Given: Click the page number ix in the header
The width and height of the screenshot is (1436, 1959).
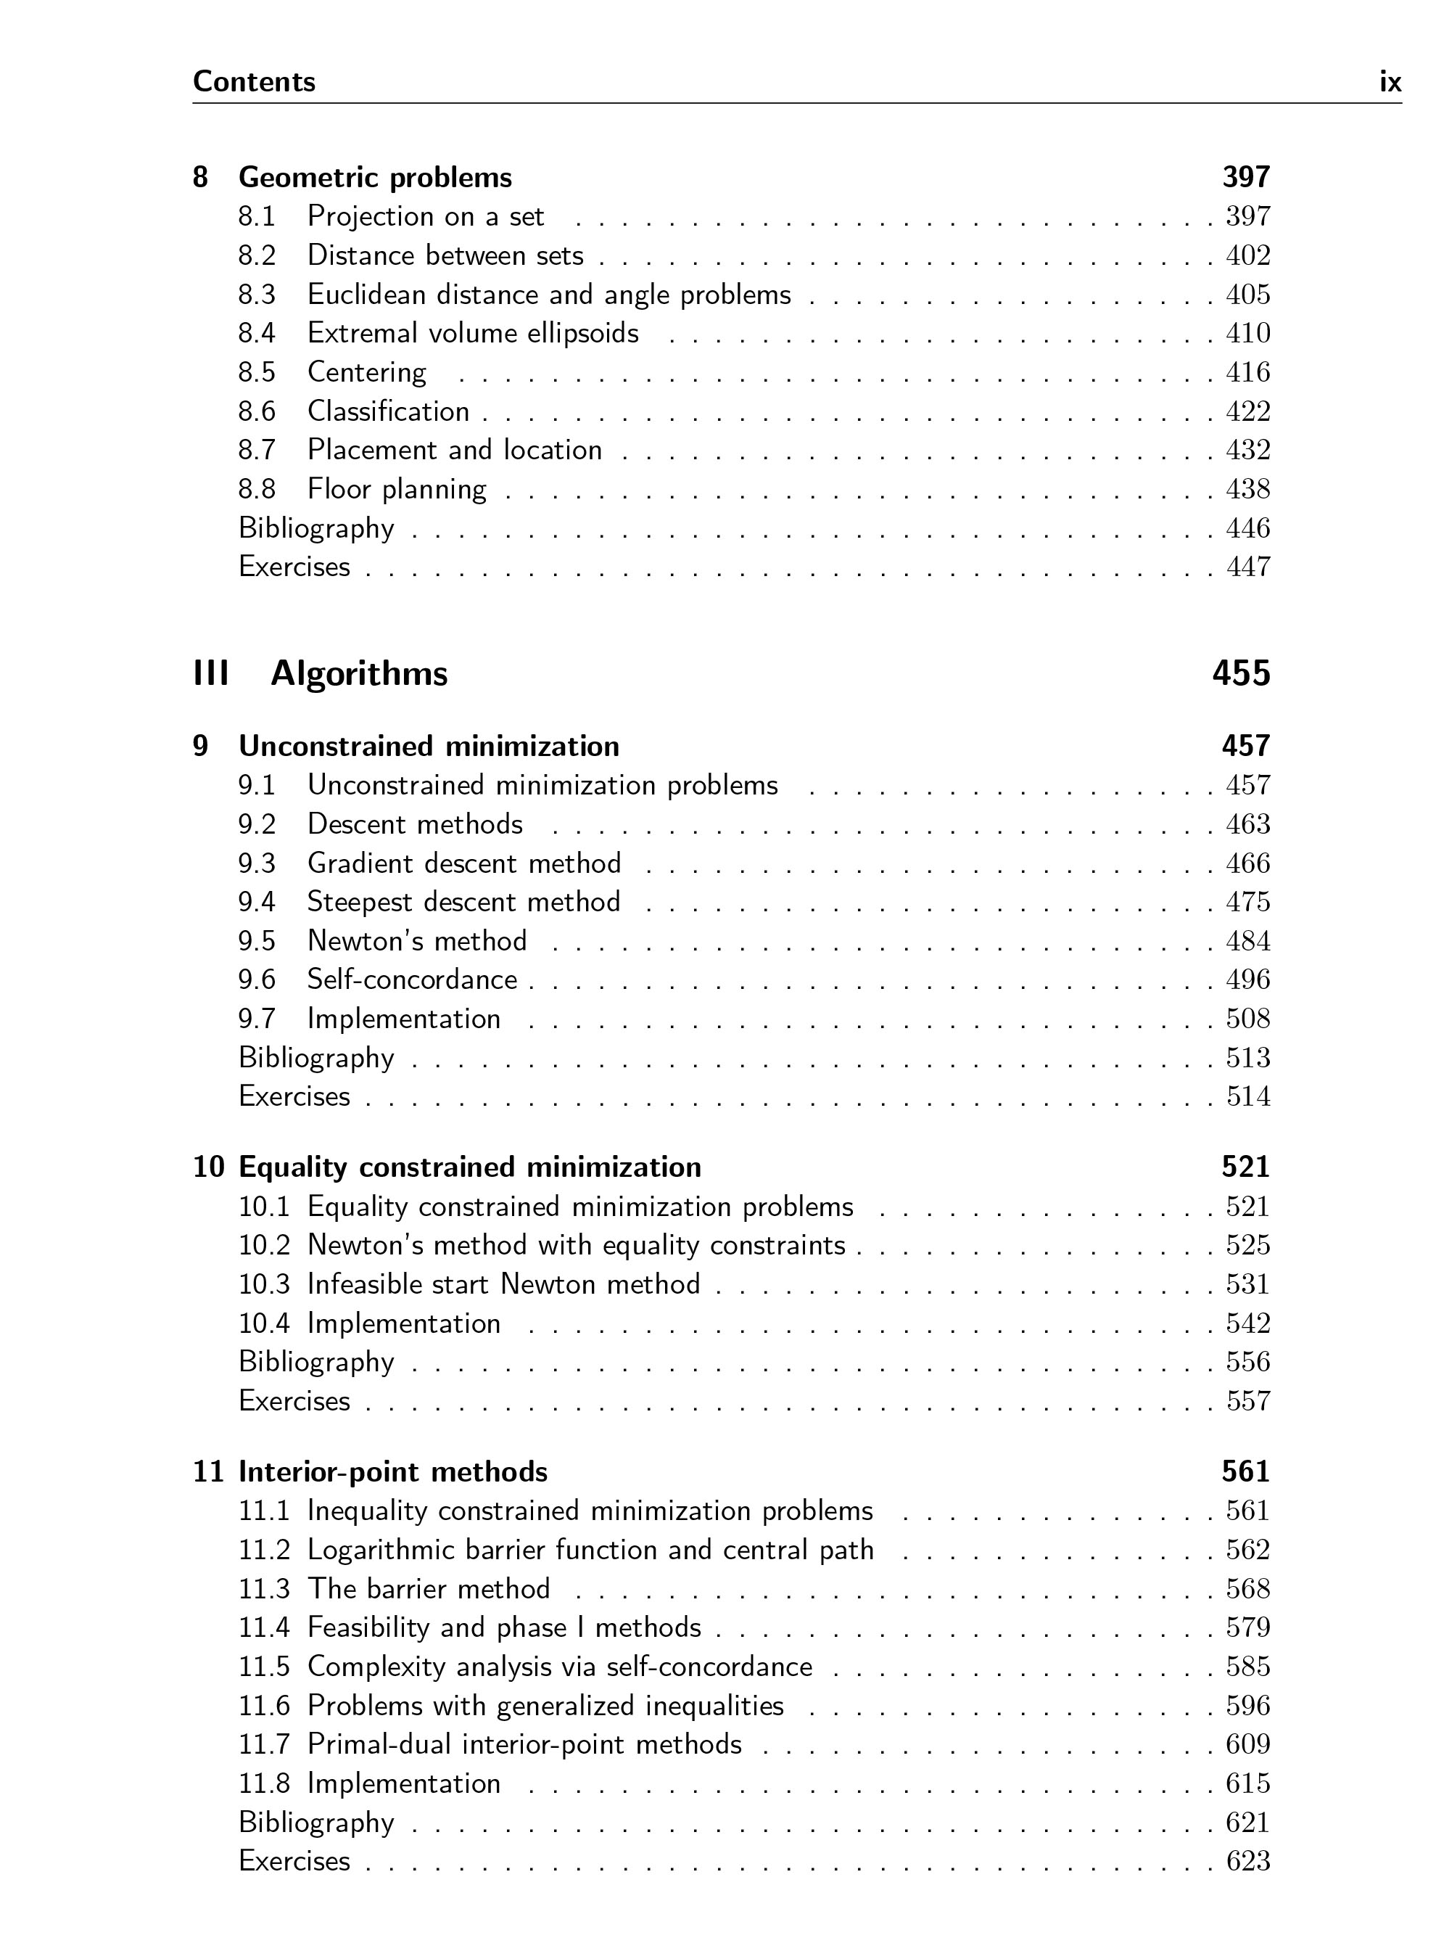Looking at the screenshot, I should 1390,82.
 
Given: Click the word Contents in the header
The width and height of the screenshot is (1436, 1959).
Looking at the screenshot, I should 254,82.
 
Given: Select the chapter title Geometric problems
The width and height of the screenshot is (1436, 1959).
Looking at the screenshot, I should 375,177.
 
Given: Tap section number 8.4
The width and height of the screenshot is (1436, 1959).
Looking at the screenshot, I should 257,333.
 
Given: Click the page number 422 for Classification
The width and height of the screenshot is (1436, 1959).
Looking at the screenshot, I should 1247,411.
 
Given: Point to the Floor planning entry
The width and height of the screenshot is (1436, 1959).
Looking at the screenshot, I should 397,489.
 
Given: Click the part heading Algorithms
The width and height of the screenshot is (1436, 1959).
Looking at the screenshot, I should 359,674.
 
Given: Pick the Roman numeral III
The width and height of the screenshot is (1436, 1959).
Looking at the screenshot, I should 211,674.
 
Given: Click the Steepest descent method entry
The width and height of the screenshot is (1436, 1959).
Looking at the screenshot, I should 463,902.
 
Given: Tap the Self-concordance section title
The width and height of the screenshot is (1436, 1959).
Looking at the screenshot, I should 412,980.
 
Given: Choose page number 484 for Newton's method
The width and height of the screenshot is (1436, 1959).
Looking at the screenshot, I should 1247,941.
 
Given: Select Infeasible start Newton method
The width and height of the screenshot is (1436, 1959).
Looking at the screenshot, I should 503,1284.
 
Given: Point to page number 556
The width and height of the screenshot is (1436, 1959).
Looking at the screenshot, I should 1247,1362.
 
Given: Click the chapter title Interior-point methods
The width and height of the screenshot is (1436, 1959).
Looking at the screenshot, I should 393,1472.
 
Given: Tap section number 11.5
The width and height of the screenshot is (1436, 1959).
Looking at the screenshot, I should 263,1667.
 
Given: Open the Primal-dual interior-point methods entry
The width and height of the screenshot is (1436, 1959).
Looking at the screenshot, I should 524,1744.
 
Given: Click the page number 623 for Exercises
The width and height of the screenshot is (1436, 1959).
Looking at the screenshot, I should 1247,1861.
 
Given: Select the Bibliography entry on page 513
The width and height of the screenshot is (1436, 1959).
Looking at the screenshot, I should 316,1058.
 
